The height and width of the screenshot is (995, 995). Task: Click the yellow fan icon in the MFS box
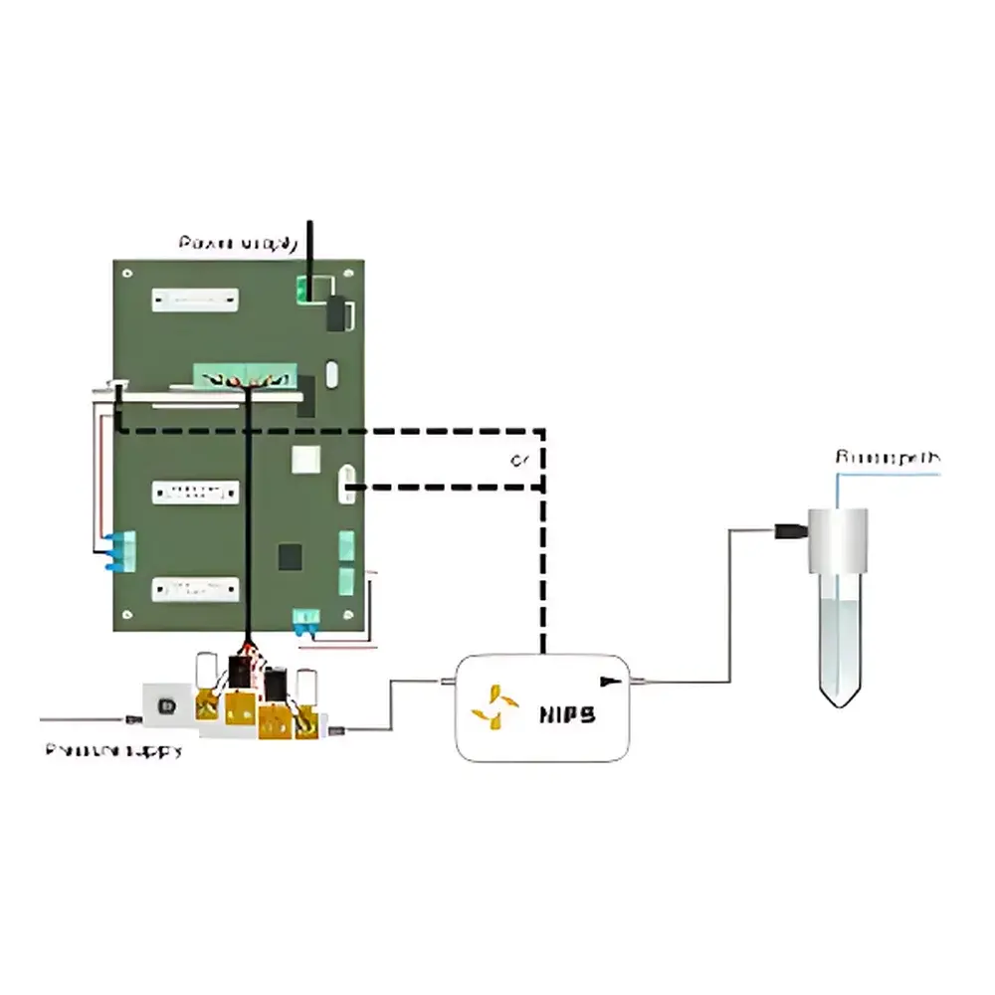495,705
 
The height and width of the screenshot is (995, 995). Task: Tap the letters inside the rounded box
567,713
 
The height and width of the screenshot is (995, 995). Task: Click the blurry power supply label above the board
238,243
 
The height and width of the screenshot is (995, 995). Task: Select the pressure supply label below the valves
113,750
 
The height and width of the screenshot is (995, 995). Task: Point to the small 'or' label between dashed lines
518,461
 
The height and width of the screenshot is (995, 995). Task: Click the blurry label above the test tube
887,458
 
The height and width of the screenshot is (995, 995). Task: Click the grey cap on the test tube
837,540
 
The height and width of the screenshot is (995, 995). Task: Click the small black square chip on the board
290,557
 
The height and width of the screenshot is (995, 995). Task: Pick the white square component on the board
304,460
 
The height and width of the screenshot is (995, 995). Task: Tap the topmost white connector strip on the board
196,298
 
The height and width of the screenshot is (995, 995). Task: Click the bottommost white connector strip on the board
196,589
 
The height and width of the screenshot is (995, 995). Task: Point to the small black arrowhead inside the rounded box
608,682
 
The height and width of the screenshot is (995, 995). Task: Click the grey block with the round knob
166,704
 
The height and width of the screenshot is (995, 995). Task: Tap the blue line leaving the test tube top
886,475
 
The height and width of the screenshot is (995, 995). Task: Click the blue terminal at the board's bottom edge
304,622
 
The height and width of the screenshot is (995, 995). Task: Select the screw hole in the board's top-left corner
126,273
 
